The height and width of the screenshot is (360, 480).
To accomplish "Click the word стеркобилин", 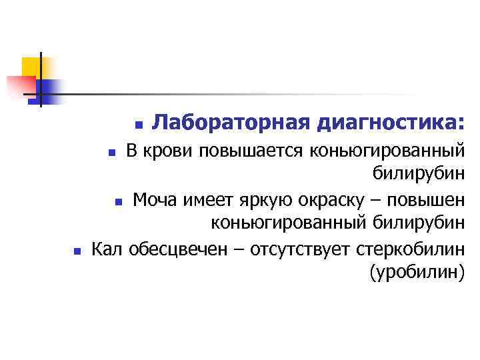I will coord(410,249).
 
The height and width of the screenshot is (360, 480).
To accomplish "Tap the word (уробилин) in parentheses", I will coord(415,273).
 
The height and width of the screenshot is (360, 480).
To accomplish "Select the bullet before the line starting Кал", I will coord(77,251).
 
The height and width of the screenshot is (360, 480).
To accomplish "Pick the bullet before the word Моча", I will coord(117,201).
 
